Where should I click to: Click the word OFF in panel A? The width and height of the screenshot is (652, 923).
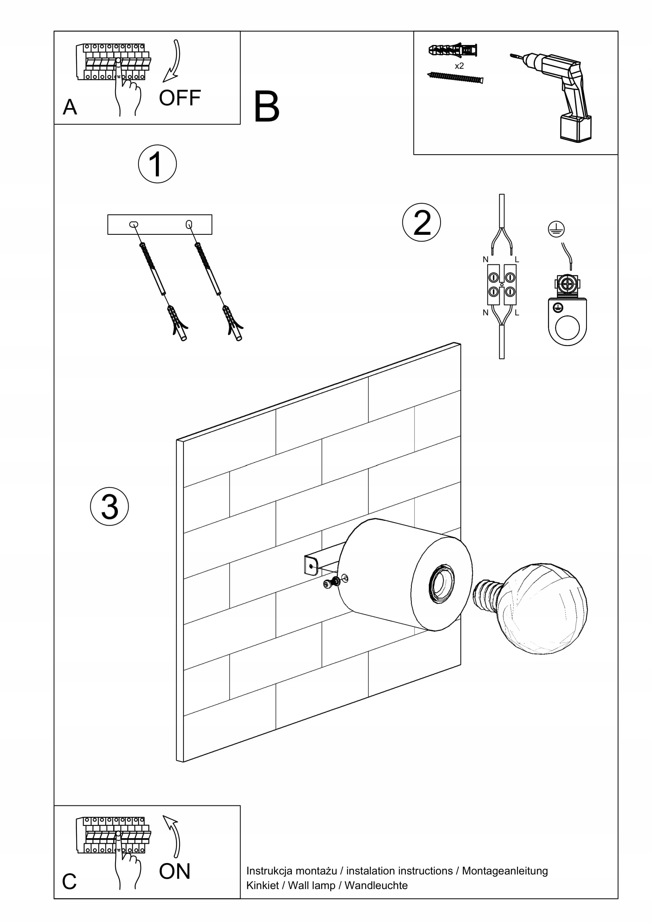coord(179,98)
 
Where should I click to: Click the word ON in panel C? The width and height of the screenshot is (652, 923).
coord(174,871)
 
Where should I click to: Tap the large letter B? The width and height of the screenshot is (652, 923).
coord(266,107)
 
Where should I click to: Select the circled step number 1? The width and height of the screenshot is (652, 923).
coord(157,164)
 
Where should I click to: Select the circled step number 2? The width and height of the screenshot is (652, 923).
coord(421,222)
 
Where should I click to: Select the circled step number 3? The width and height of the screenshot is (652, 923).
coord(109,506)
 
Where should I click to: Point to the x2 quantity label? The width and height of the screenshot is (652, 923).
coord(459,66)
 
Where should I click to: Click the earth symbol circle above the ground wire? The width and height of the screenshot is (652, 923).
coord(556,229)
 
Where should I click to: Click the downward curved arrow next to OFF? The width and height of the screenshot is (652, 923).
coord(173,60)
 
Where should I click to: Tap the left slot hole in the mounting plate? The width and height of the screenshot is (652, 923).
coord(134,224)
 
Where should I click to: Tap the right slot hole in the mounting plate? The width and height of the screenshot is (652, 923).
coord(189,224)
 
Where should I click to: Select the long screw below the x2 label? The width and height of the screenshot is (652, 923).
coord(455,77)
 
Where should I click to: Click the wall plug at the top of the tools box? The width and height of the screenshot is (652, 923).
coord(453,50)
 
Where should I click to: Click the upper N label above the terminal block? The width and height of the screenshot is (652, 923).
coord(485,260)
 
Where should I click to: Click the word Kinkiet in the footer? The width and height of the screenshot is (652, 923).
coord(262,885)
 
